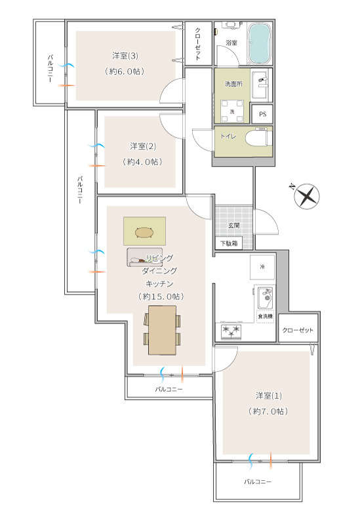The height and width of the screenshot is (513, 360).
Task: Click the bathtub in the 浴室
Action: pos(260,43)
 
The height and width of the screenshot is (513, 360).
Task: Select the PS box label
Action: pos(262,114)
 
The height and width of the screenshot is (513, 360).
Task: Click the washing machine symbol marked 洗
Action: pos(232,112)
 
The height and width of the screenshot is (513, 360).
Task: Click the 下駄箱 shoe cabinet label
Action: pos(229,243)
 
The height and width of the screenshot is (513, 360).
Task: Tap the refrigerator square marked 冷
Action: pos(262,266)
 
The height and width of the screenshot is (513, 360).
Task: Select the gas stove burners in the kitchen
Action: pos(231,331)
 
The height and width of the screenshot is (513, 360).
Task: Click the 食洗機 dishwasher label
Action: pos(265,316)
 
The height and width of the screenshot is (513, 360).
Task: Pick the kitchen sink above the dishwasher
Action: pos(266,297)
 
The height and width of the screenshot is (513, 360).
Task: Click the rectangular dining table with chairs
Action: pos(162,330)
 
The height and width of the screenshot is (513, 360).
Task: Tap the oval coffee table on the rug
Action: pos(144,232)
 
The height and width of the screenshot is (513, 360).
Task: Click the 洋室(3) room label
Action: pos(125,56)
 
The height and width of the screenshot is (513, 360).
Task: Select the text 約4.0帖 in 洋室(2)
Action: pos(142,161)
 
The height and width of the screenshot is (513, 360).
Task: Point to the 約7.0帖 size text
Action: pos(268,411)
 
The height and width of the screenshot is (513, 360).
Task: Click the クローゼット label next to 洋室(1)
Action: pos(298,330)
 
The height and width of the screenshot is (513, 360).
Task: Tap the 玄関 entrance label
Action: pos(234,225)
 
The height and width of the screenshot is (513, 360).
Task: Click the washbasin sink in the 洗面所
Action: pos(262,85)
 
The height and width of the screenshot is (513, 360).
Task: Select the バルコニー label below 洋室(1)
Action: pos(257,482)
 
